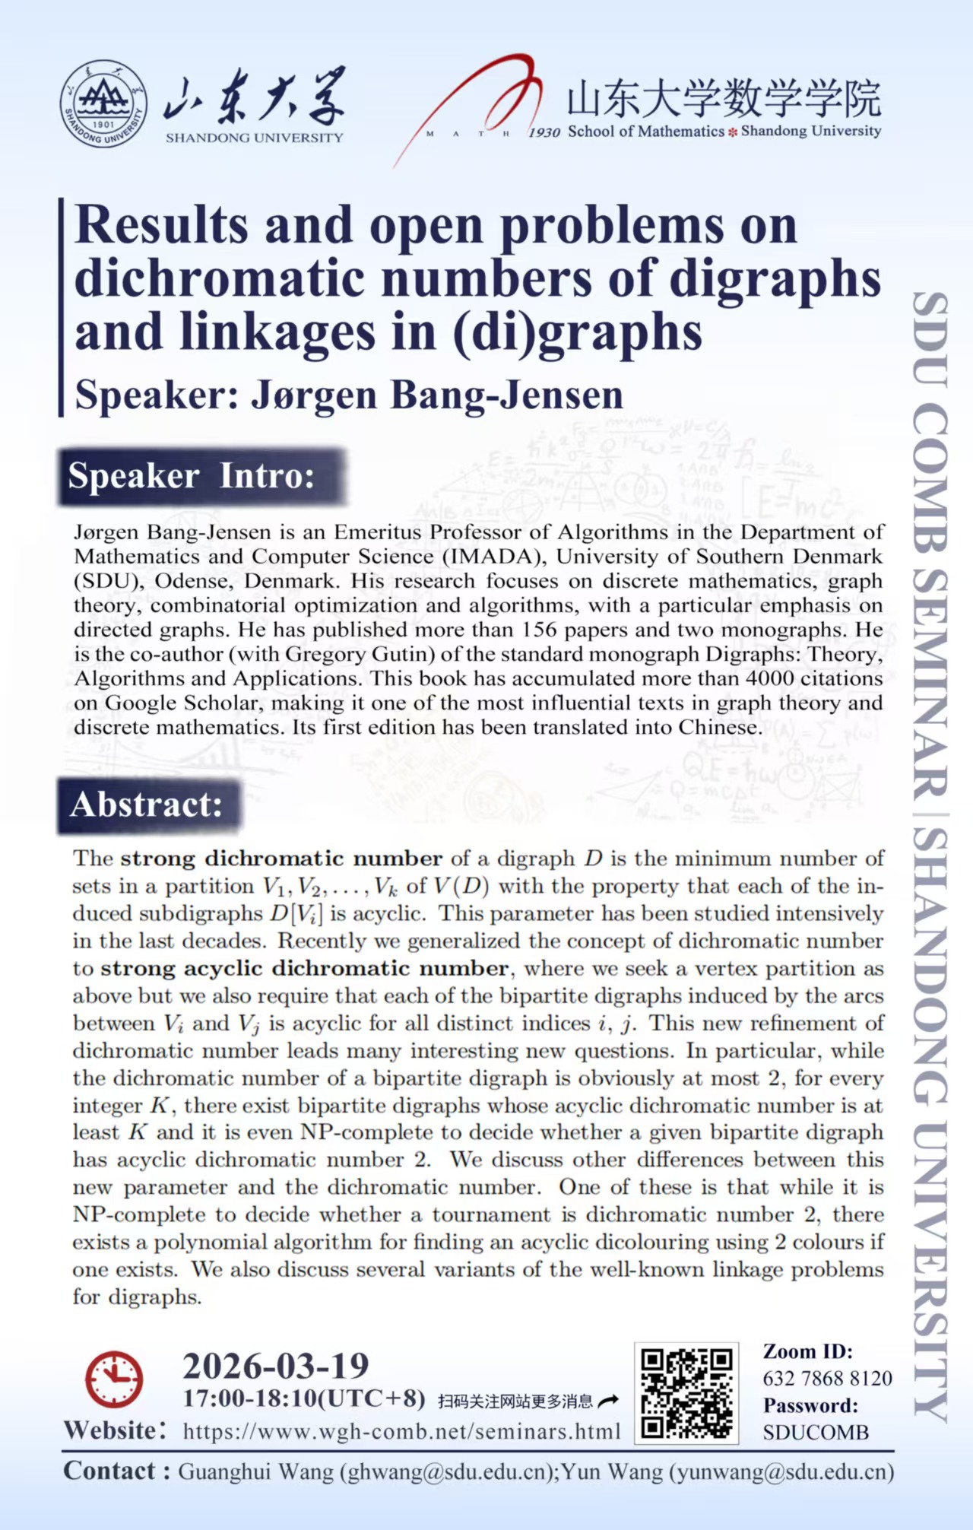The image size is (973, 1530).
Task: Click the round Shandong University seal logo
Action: coord(104,104)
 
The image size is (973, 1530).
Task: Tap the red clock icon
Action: coord(114,1378)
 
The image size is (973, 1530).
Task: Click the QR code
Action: coord(686,1393)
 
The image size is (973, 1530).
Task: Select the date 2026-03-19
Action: coord(275,1366)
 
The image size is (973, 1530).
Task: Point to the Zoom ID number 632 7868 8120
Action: coord(827,1378)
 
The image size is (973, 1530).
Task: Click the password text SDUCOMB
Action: coord(816,1433)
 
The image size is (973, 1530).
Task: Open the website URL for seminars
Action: coord(401,1432)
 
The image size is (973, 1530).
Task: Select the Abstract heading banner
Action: coord(148,805)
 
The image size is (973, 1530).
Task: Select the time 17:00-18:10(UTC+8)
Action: coord(304,1398)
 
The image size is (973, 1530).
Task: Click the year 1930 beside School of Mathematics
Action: coord(544,132)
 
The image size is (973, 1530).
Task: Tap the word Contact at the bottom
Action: coord(109,1471)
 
